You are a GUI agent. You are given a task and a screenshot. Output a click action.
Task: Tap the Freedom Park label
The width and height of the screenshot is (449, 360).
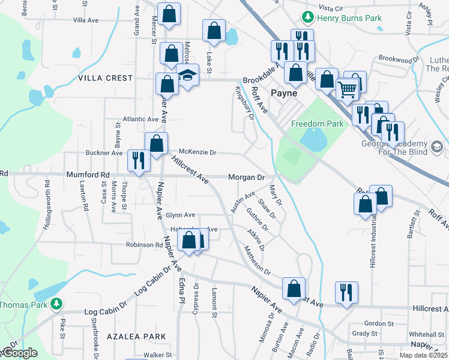pos(317,124)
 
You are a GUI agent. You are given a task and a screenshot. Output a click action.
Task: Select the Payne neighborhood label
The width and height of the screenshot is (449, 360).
pos(284,93)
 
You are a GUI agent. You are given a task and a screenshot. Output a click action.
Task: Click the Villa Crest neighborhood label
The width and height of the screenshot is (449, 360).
pos(105,78)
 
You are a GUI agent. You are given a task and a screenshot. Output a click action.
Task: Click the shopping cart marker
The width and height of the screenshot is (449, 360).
pos(348,91)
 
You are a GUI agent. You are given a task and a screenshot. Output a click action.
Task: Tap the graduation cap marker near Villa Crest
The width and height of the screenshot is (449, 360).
pos(188,77)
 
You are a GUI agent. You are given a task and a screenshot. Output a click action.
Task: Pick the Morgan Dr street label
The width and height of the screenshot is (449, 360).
pos(246,178)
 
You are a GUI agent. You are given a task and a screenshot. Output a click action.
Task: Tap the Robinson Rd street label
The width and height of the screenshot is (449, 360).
pos(144,245)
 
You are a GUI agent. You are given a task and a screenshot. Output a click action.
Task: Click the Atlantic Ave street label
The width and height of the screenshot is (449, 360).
pos(140,119)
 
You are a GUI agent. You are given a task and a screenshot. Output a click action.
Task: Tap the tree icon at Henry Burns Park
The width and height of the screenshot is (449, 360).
pos(307,16)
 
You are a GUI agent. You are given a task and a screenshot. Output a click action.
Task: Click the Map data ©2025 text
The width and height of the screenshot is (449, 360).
pos(423,355)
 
